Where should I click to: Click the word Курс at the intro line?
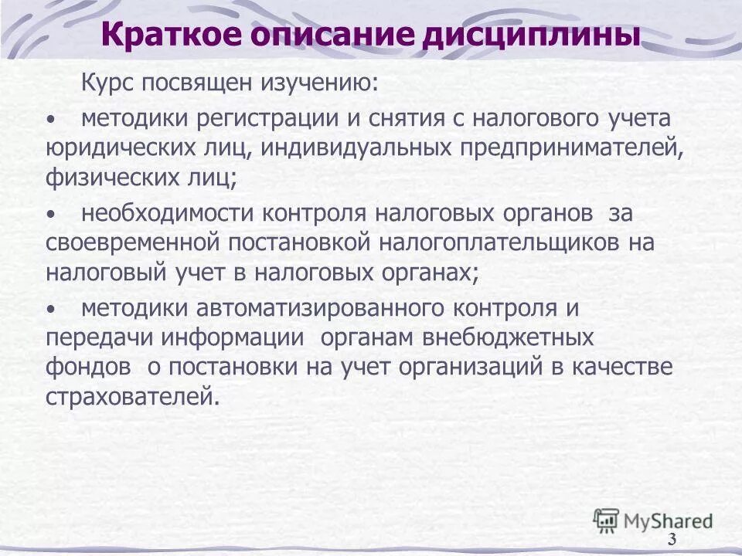click(x=107, y=83)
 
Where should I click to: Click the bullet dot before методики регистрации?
click(x=51, y=120)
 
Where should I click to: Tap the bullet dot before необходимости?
click(x=51, y=215)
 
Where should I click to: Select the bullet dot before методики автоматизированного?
click(x=51, y=310)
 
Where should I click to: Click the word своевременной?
click(x=133, y=242)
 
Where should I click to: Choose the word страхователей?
click(x=131, y=396)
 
